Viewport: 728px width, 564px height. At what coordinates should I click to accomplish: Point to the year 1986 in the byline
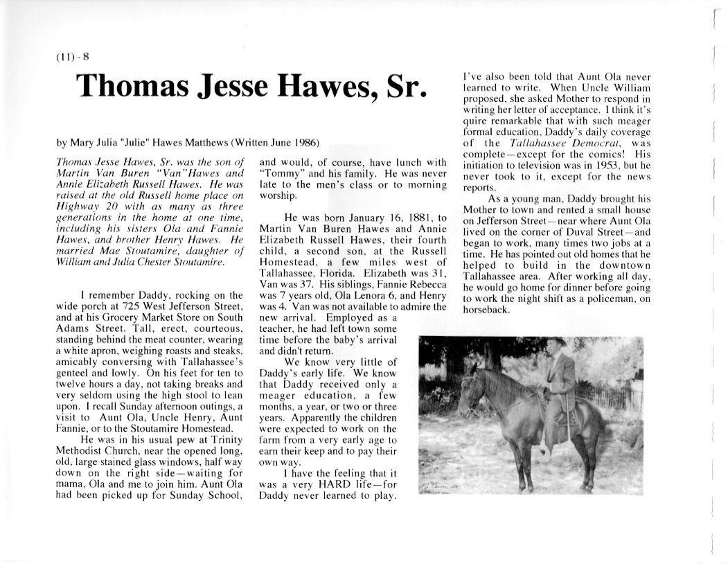click(305, 143)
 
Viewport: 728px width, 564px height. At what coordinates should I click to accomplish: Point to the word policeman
click(620, 299)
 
